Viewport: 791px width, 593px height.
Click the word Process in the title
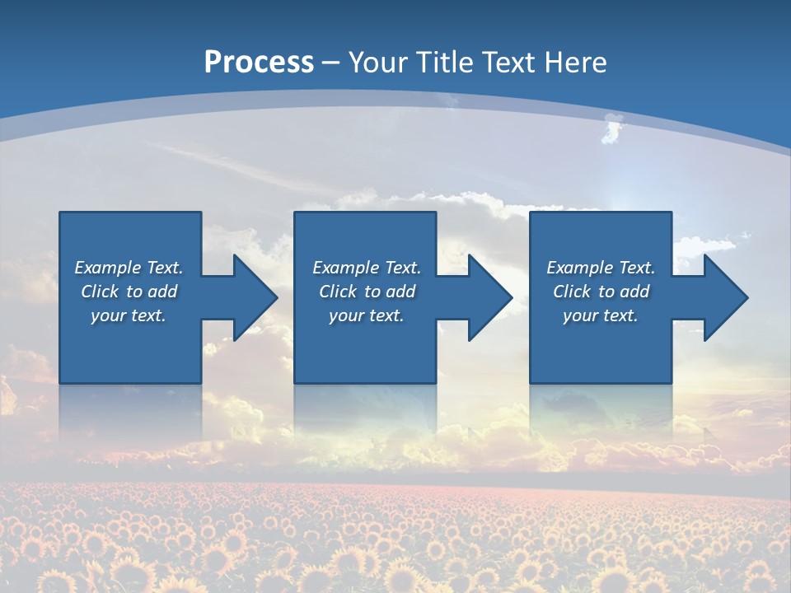coord(259,62)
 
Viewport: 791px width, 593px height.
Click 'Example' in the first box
coord(107,268)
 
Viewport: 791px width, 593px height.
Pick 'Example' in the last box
coord(579,268)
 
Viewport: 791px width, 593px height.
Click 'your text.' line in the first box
coord(129,315)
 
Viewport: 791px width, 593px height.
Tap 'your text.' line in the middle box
coord(366,315)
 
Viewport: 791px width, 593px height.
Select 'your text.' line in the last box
coord(601,315)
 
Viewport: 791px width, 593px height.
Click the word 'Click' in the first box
coord(100,292)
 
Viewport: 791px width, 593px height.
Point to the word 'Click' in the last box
coord(572,292)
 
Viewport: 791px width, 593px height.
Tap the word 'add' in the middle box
coord(400,292)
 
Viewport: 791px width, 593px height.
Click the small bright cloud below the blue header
coord(612,129)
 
